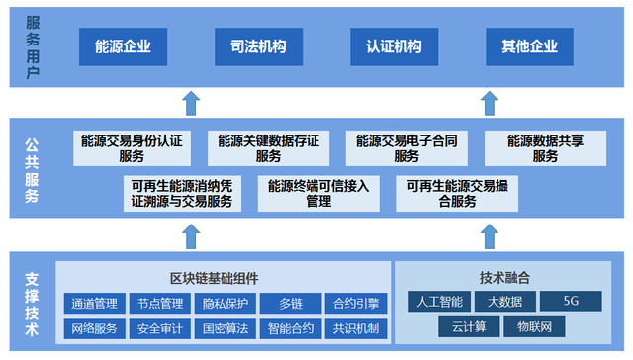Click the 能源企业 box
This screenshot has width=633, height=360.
coord(123,46)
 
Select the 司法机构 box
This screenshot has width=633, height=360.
coord(258,46)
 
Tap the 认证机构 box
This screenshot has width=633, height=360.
coord(394,46)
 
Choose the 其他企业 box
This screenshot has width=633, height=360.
coord(529,46)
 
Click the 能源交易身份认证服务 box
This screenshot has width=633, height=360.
coord(132,148)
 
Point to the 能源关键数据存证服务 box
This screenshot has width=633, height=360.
coord(268,148)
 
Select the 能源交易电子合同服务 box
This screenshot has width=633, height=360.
coord(407,148)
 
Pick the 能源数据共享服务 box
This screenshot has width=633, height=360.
coord(545,148)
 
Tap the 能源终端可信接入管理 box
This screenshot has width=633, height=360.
coord(318,193)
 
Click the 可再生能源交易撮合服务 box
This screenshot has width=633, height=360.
coord(456,193)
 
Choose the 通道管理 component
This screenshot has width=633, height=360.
coord(95,304)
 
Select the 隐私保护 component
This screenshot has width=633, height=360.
coord(225,304)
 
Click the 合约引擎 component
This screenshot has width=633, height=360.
coord(356,304)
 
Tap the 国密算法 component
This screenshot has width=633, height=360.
coord(225,328)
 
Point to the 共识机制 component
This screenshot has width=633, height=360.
coord(356,328)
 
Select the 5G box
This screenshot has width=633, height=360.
coord(571,301)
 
